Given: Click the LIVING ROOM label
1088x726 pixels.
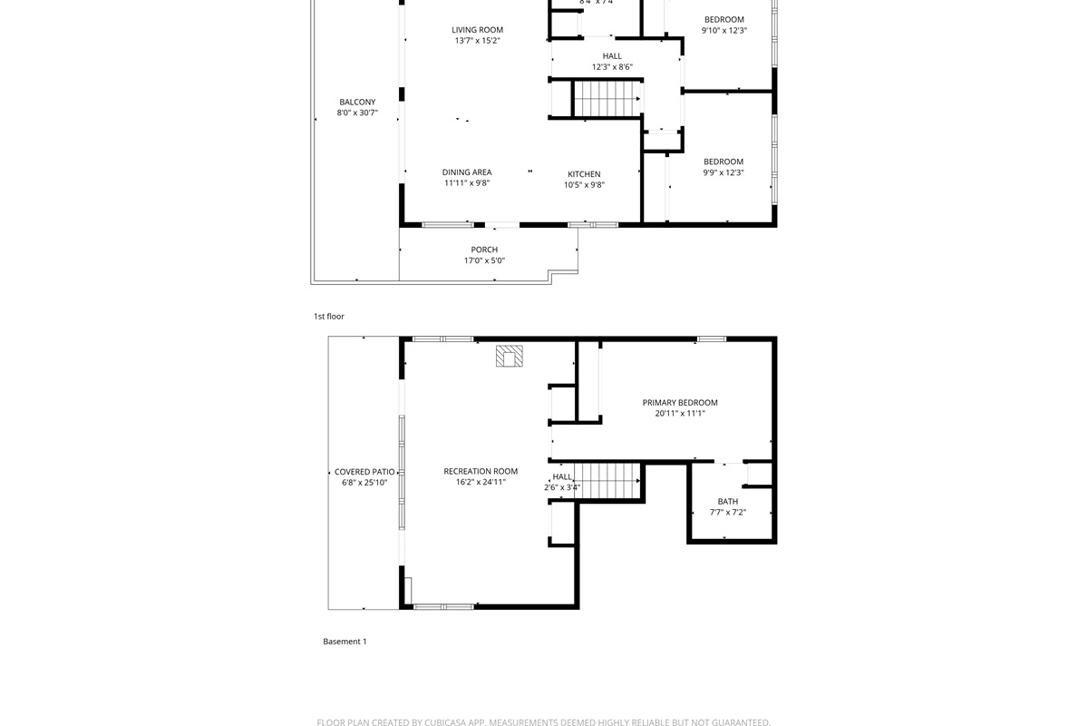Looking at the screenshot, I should tap(477, 30).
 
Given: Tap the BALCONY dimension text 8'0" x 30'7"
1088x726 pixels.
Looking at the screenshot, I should tap(357, 113).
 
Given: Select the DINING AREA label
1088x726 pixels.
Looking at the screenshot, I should tap(467, 172).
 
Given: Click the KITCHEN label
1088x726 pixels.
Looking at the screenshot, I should tap(584, 174).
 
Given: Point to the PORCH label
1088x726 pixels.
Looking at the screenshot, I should tap(484, 250).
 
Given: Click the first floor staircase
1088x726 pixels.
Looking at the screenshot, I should tap(607, 99).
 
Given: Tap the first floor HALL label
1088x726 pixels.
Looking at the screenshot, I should tap(612, 56).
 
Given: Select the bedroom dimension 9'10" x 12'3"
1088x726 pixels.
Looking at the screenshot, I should tap(724, 31).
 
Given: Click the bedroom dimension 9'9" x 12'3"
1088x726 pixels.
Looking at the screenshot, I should tap(724, 172).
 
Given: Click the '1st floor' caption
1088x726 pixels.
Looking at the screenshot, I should tap(329, 317).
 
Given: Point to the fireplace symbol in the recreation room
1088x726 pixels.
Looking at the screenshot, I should tap(510, 356).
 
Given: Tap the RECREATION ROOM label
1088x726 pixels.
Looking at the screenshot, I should tap(481, 471).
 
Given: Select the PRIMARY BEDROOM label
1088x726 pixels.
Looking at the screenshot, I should tap(680, 403).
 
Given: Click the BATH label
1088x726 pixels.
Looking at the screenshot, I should tap(728, 501).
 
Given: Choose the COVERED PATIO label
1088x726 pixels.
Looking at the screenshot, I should tap(364, 472).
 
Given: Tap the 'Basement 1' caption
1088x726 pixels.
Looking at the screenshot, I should tap(345, 642).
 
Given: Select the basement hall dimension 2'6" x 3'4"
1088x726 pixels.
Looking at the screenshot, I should tap(562, 488).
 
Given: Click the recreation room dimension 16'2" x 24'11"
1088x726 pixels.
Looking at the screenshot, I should tap(481, 482).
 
